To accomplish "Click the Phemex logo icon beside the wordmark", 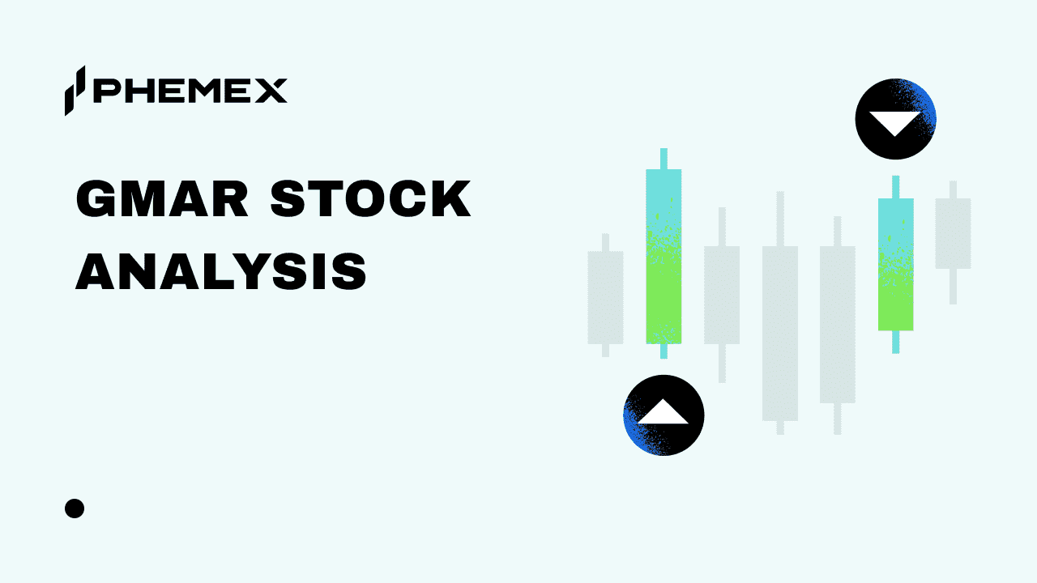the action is [x=75, y=91].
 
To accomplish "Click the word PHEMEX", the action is [x=190, y=91].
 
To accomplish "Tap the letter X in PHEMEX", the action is [x=270, y=91].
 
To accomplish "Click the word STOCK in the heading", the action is [x=371, y=198].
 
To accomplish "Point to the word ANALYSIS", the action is [x=221, y=271].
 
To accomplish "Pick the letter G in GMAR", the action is [x=96, y=198].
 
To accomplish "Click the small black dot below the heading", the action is [x=75, y=509].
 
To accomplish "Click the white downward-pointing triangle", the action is [x=895, y=121].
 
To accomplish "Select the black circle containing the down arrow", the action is [x=896, y=119].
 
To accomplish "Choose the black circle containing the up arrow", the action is [x=664, y=415].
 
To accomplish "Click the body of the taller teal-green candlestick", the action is [x=664, y=257].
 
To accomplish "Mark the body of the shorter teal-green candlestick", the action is [x=896, y=264].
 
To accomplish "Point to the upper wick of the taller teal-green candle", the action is [x=664, y=159].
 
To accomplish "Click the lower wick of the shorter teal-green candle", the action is [x=896, y=342].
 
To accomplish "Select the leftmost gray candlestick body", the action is [x=605, y=297].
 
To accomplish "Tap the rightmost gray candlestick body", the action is [x=954, y=233].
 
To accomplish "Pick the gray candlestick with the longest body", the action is [x=780, y=333].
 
